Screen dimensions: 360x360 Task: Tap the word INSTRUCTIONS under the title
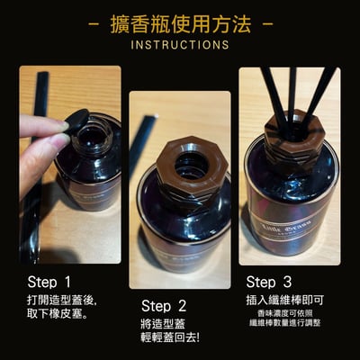click(180, 43)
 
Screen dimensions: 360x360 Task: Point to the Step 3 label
click(268, 282)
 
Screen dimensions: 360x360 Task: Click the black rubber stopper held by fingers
click(76, 119)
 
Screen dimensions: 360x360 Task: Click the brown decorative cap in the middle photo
click(186, 166)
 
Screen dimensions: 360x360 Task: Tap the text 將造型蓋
click(166, 323)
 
